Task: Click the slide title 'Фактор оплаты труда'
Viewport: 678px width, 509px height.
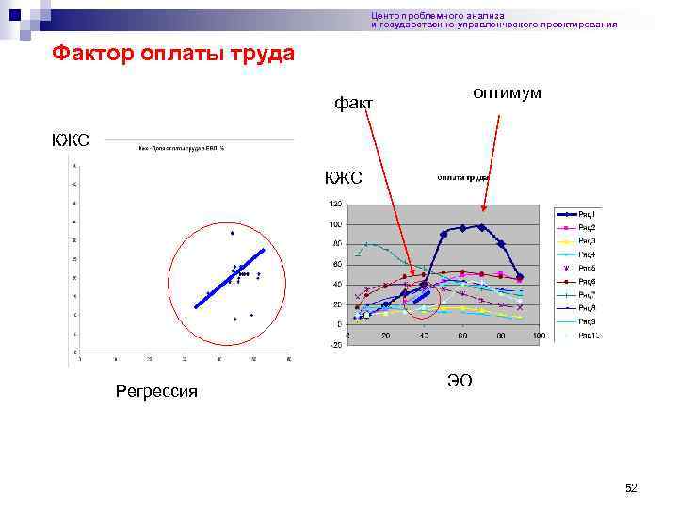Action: (172, 54)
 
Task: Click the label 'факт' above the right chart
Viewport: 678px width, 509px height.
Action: (354, 102)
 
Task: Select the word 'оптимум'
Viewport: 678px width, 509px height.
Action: (507, 93)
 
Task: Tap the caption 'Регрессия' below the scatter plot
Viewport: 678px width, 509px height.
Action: (156, 390)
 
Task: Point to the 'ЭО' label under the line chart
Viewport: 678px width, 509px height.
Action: (460, 380)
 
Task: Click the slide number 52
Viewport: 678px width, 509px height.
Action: (631, 487)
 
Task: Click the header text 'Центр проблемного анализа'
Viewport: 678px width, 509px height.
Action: (438, 16)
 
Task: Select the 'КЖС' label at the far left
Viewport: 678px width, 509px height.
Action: (71, 141)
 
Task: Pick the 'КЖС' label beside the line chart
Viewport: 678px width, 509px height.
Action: (343, 178)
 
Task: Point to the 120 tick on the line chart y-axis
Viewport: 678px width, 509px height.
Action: (334, 205)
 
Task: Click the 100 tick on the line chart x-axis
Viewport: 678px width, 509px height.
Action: (539, 337)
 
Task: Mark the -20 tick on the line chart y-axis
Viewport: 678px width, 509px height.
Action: (334, 345)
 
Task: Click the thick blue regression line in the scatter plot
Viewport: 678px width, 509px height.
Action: (230, 279)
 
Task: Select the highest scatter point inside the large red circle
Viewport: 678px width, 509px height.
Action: (232, 233)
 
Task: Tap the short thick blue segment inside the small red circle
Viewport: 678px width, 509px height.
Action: (421, 300)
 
